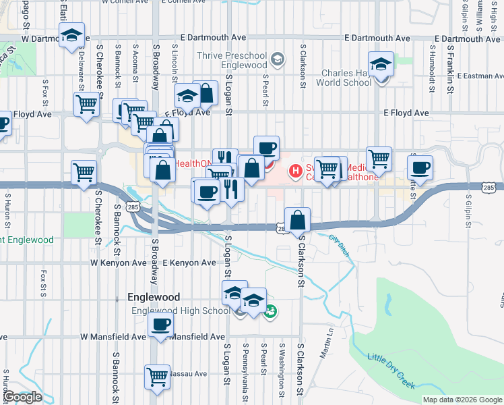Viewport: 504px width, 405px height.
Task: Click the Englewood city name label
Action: click(x=154, y=297)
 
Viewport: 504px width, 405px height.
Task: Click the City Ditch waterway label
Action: click(x=340, y=244)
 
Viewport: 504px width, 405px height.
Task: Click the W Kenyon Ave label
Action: click(x=119, y=263)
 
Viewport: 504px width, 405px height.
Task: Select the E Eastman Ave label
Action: click(x=479, y=76)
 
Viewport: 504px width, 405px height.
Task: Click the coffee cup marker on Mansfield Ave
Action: click(x=161, y=325)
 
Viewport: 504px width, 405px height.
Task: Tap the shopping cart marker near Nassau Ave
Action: click(x=157, y=376)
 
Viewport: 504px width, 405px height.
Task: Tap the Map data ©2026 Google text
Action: click(x=462, y=400)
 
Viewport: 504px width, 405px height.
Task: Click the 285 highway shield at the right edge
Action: click(x=490, y=186)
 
